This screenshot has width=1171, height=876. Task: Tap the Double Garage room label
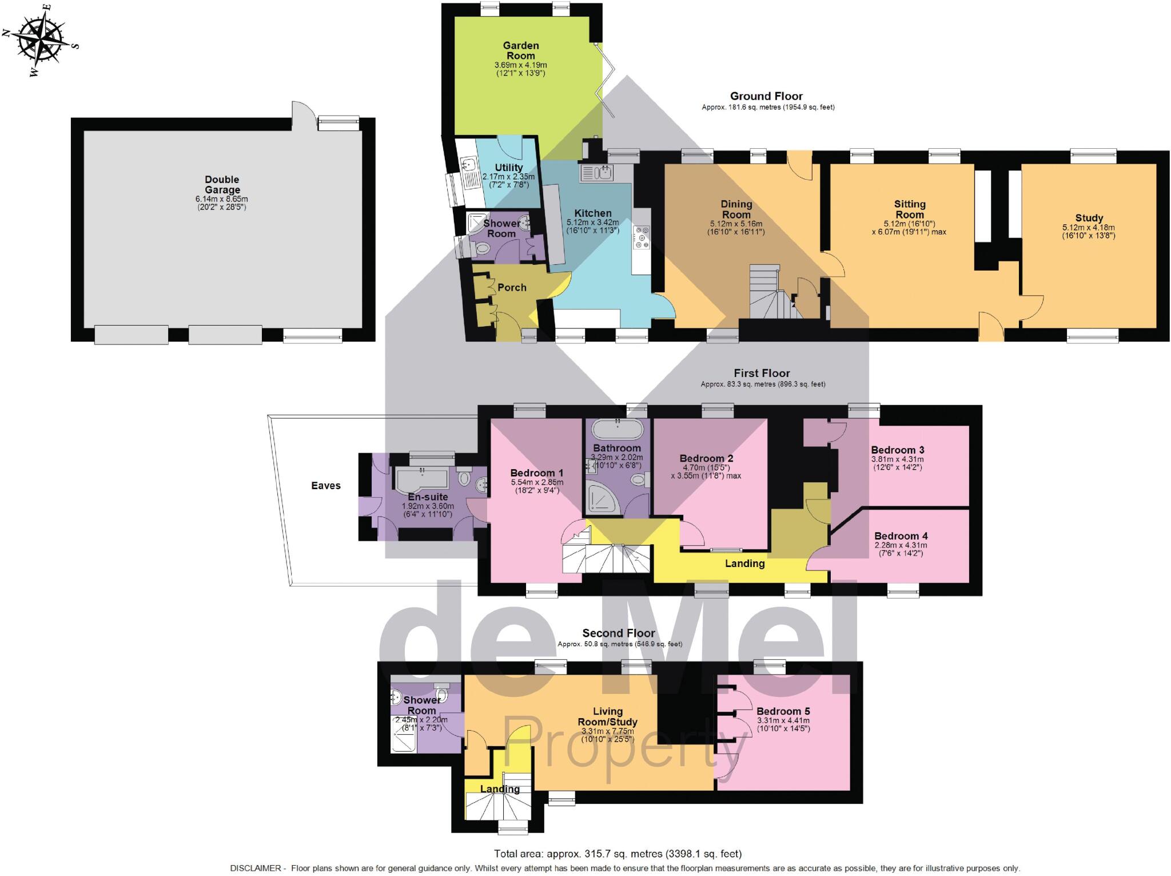tap(222, 185)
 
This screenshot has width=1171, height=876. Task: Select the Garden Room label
tap(520, 50)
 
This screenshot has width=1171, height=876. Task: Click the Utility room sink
tap(469, 165)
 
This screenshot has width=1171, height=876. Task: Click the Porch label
tap(512, 287)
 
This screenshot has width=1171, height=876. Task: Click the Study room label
tap(1089, 217)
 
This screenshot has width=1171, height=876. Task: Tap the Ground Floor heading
tap(766, 96)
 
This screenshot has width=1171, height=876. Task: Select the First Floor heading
tap(762, 373)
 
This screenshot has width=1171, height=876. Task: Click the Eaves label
tap(326, 485)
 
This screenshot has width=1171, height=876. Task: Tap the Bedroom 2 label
tap(706, 458)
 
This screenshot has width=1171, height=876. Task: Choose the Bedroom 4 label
tap(901, 536)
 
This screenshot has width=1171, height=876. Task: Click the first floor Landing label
tap(744, 564)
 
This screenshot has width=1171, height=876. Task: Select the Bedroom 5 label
tap(783, 711)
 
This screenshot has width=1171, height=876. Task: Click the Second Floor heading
tap(619, 633)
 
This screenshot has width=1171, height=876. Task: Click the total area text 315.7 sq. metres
tap(618, 854)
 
